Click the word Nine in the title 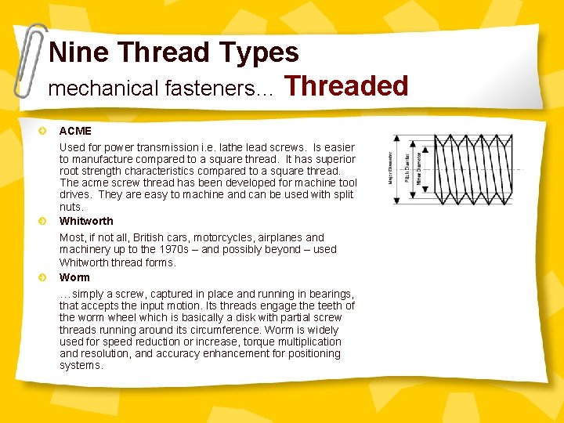(x=79, y=52)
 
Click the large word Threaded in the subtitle (x=346, y=85)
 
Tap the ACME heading (x=75, y=131)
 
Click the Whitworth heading (x=86, y=221)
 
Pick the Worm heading (x=74, y=277)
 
